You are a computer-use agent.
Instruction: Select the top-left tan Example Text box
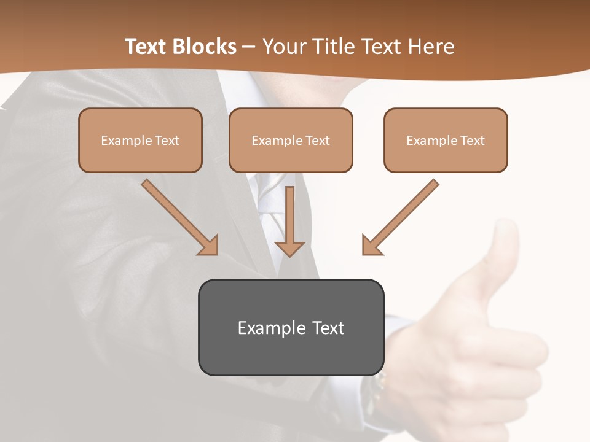coord(140,140)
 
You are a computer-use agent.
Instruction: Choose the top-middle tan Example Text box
coord(291,140)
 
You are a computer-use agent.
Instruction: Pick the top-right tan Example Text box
coord(446,140)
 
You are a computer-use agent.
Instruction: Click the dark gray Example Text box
coord(291,327)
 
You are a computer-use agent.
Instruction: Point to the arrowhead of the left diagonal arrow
coord(208,245)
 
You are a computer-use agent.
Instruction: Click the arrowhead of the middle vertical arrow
coord(289,248)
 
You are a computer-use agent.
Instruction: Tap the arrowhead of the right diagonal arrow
coord(371,245)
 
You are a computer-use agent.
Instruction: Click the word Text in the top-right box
coord(472,141)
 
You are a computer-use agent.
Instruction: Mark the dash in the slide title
coord(249,47)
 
